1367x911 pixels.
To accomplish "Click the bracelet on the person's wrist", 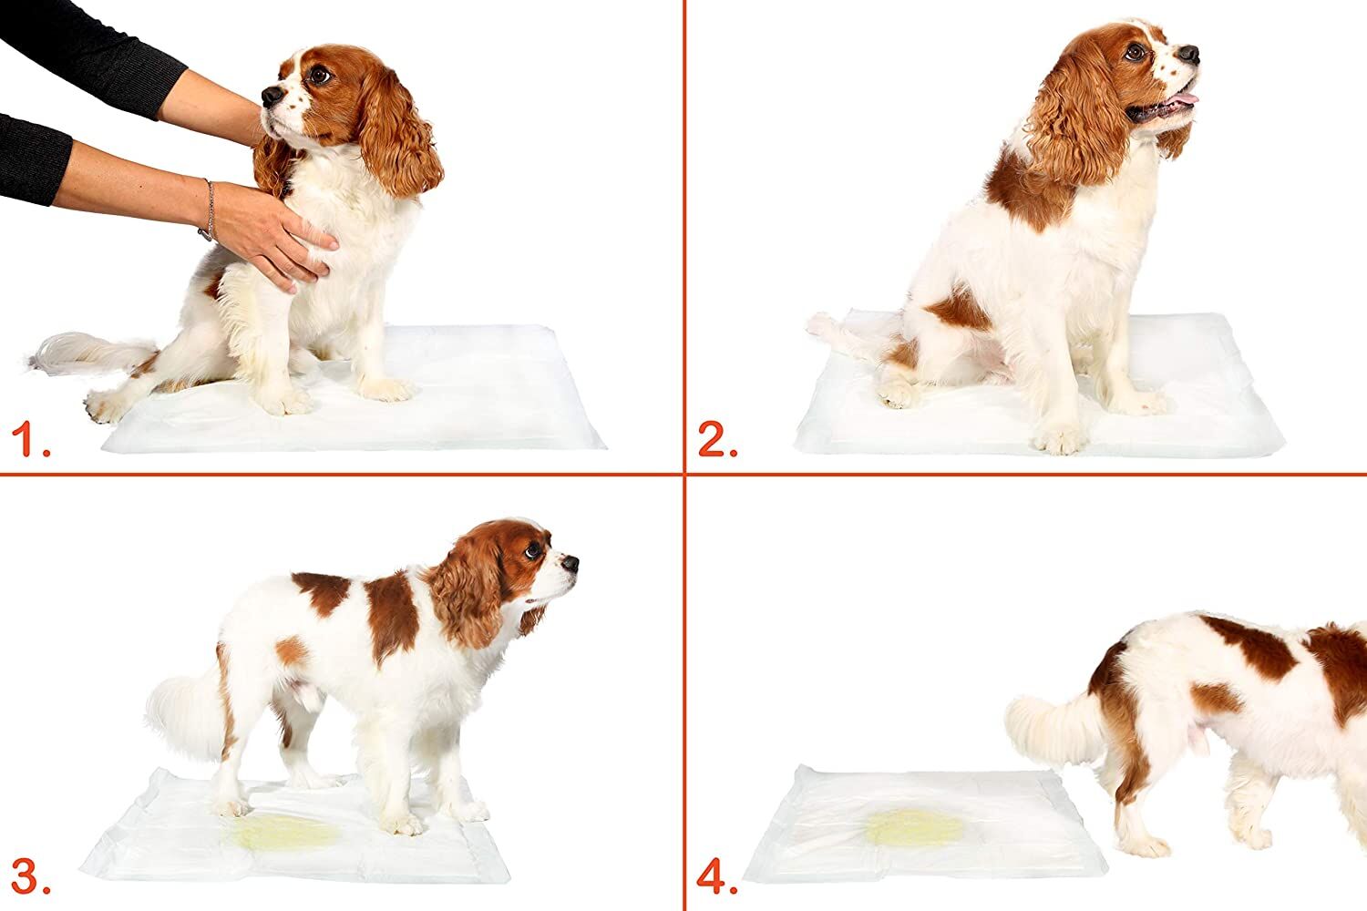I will (x=208, y=210).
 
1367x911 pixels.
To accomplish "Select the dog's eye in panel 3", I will (x=531, y=549).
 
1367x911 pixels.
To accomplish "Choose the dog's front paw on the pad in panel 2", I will (x=1062, y=440).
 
